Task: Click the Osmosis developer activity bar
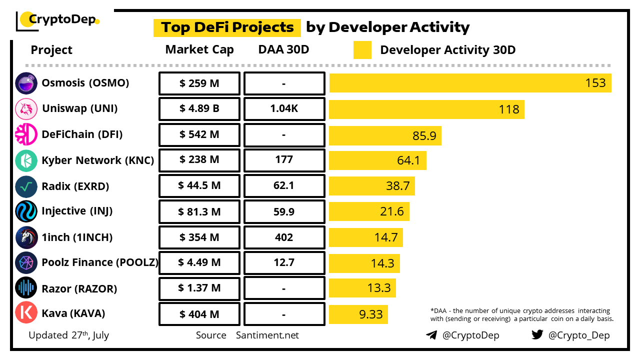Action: click(470, 83)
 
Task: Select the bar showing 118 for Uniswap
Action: click(426, 109)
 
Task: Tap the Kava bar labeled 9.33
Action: click(358, 314)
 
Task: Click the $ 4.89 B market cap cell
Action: click(199, 109)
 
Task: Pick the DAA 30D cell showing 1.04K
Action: click(284, 109)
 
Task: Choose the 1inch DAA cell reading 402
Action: click(284, 237)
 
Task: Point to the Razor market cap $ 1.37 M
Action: click(199, 288)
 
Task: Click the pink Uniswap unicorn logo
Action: click(26, 109)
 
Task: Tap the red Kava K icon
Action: click(26, 313)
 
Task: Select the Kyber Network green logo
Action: click(26, 160)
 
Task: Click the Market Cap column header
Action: click(199, 50)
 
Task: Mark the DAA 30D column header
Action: click(284, 50)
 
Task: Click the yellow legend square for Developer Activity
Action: click(362, 50)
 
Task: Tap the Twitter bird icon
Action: click(537, 334)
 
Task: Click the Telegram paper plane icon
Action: click(431, 335)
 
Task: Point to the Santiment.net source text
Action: click(267, 335)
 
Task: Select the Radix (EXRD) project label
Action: click(75, 186)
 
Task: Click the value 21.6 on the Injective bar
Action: click(392, 211)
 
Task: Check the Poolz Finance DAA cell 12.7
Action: click(284, 263)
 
